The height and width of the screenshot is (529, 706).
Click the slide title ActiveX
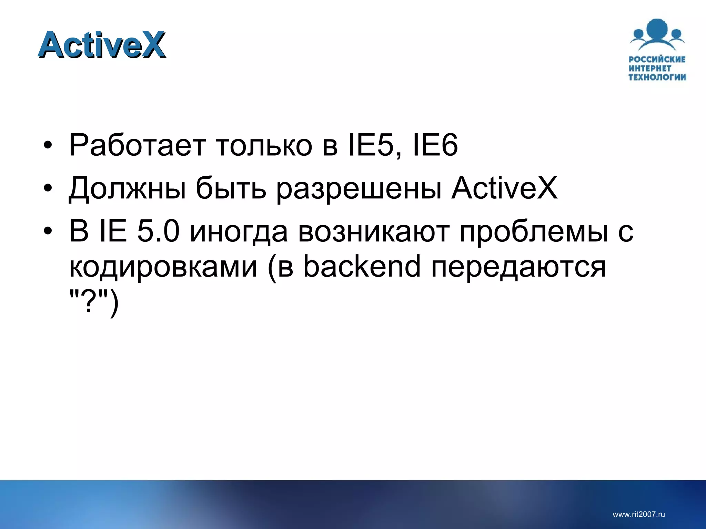click(102, 45)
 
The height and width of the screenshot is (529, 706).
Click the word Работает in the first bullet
click(138, 145)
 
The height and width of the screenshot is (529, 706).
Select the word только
click(264, 145)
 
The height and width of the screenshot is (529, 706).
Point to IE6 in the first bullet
click(435, 145)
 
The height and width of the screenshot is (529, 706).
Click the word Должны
click(127, 189)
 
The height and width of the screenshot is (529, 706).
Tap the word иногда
click(239, 232)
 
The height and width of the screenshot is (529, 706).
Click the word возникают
click(374, 232)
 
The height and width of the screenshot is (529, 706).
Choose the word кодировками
click(163, 267)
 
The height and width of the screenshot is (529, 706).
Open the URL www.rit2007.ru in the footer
click(638, 514)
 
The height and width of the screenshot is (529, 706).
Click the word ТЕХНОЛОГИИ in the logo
click(657, 77)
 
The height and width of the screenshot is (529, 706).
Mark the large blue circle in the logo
click(657, 30)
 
